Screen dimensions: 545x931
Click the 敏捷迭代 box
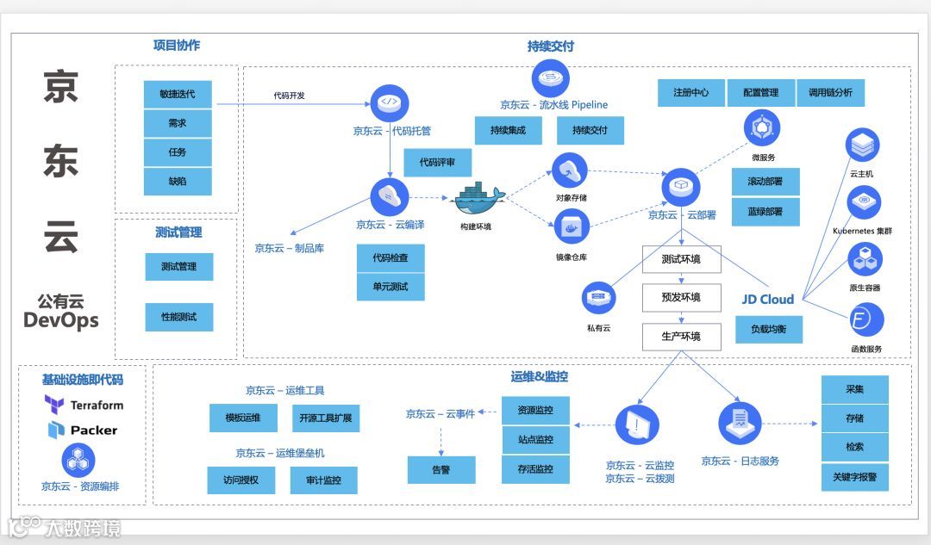tap(178, 94)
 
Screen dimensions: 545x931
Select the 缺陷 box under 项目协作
tap(178, 182)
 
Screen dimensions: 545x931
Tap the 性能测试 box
tap(178, 317)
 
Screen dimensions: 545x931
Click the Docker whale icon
tap(478, 200)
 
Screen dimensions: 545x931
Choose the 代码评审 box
tap(438, 162)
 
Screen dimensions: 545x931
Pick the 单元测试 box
tap(391, 287)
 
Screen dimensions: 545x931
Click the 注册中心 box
tap(690, 93)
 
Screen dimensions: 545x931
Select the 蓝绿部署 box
tap(765, 212)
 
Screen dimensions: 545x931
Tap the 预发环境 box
tap(681, 298)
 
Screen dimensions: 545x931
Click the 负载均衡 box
tap(769, 329)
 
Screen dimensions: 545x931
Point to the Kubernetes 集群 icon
tap(864, 203)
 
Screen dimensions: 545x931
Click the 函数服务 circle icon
tap(865, 320)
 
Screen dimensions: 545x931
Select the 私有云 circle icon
tap(598, 298)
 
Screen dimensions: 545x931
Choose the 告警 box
tap(441, 469)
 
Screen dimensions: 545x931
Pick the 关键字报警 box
tap(854, 476)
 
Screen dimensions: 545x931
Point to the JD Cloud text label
tap(768, 300)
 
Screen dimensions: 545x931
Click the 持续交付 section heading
tap(551, 46)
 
